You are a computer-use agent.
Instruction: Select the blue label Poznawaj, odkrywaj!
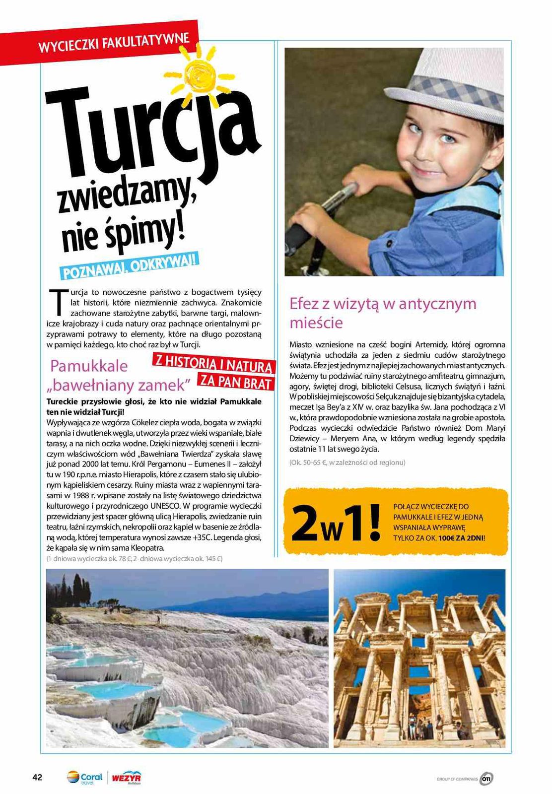coord(129,266)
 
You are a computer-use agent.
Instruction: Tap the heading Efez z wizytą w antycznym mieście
coord(383,313)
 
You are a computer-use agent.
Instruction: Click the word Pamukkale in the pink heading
coord(89,366)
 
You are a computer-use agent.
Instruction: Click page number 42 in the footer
coord(38,777)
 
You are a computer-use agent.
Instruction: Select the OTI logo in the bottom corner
coord(487,779)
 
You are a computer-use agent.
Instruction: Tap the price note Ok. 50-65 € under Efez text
coord(347,463)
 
